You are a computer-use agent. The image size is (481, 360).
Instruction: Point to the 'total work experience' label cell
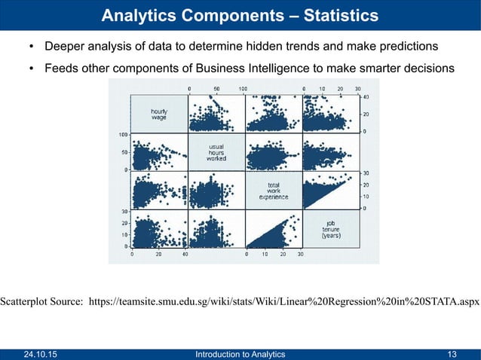tap(273, 191)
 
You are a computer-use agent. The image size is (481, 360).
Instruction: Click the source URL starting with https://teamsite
tap(284, 302)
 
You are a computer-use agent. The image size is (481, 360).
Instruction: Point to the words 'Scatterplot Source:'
tap(41, 302)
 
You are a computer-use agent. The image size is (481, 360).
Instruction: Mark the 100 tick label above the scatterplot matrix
tap(243, 88)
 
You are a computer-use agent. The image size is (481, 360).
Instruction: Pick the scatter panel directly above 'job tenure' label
tap(331, 191)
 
